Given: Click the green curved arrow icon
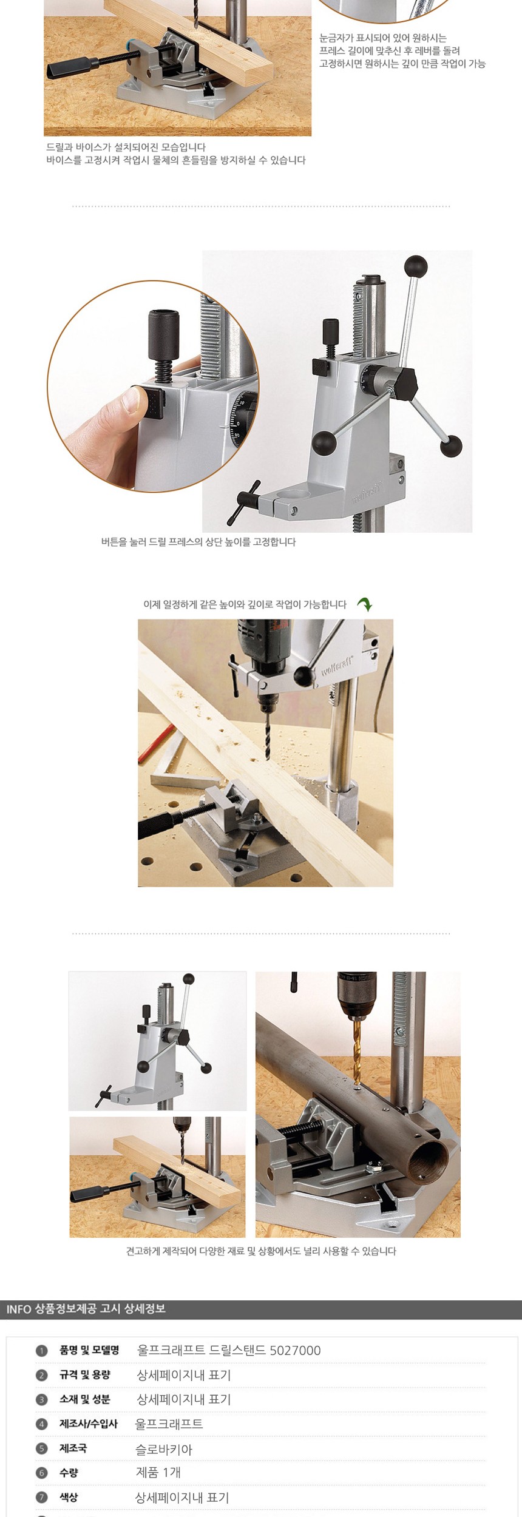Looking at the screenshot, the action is click(x=364, y=604).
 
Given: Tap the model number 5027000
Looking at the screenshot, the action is click(x=295, y=1350).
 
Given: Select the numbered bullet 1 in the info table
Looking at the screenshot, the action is click(x=41, y=1351).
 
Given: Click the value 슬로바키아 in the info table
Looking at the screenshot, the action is click(x=163, y=1450).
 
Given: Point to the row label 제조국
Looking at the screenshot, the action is click(x=73, y=1448).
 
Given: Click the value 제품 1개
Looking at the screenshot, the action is click(x=158, y=1473).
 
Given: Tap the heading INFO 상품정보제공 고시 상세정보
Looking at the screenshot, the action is click(x=86, y=1309).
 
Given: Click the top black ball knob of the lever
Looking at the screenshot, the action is click(x=416, y=266).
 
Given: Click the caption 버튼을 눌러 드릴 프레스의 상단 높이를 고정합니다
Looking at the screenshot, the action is click(x=198, y=542).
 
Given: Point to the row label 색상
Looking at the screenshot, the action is click(x=69, y=1497).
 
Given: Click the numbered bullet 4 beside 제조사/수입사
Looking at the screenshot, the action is click(x=41, y=1424).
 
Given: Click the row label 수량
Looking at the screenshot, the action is click(x=69, y=1473).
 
